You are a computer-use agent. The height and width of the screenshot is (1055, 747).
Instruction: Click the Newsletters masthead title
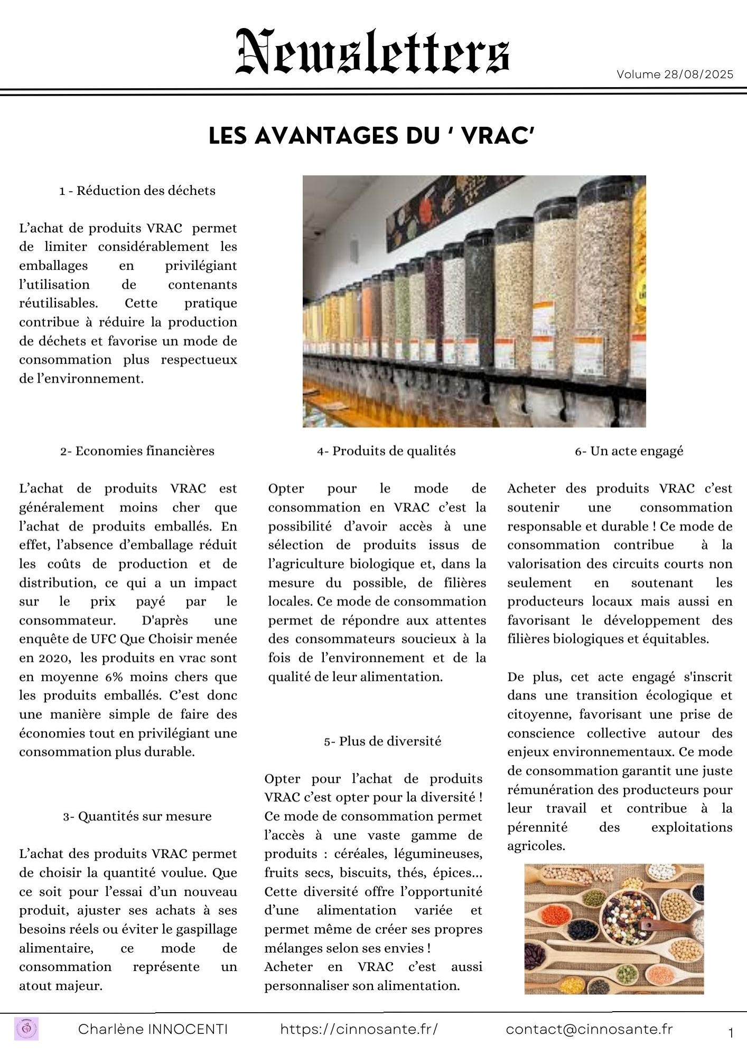click(x=372, y=52)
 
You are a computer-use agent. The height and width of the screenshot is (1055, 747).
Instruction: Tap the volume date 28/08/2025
click(x=698, y=74)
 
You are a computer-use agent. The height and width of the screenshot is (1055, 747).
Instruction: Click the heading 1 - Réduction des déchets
click(x=137, y=191)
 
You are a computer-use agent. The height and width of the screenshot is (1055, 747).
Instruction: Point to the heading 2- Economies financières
click(x=137, y=451)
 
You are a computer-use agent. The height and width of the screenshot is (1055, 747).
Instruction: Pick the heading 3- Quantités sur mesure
click(x=137, y=816)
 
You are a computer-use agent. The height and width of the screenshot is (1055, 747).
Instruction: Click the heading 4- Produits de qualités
click(x=386, y=451)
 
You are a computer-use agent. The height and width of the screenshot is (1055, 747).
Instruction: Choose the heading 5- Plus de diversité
click(x=382, y=741)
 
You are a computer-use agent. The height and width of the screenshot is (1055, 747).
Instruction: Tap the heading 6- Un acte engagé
click(x=629, y=451)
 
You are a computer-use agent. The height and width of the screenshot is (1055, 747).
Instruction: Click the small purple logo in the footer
click(x=27, y=1029)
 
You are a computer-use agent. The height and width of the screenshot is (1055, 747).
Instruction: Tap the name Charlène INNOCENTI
click(x=153, y=1029)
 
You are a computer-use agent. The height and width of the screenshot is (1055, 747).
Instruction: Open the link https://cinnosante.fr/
click(x=359, y=1029)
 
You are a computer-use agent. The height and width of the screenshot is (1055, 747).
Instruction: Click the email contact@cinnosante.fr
click(x=589, y=1029)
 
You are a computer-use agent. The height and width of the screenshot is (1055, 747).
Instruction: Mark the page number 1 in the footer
click(x=731, y=1033)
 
